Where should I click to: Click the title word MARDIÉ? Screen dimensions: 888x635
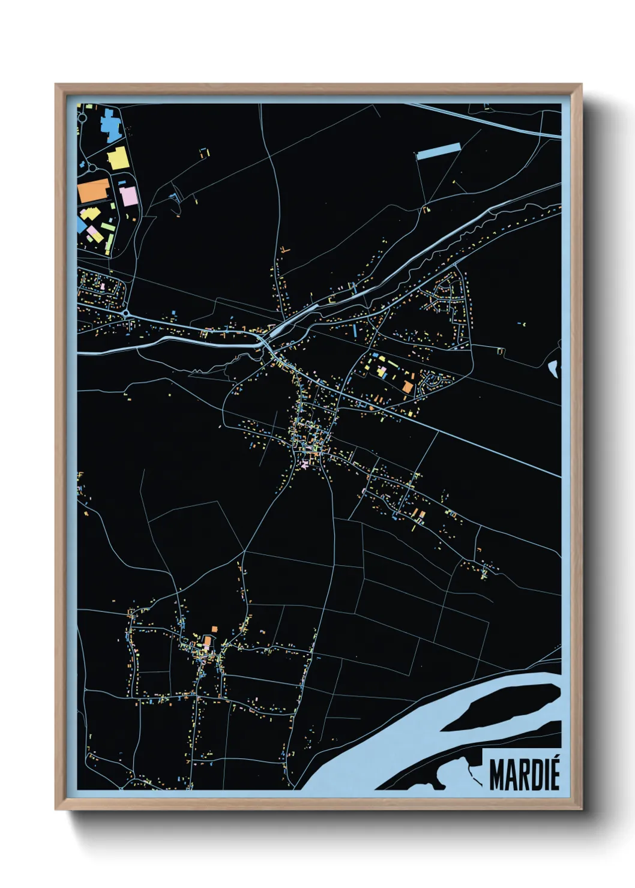point(524,775)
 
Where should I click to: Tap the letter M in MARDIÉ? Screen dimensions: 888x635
point(497,775)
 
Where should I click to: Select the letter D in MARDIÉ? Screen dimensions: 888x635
point(533,775)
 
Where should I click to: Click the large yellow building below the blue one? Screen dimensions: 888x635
point(118,158)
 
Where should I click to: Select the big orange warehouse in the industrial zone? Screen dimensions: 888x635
point(94,191)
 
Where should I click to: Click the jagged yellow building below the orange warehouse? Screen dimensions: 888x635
point(91,214)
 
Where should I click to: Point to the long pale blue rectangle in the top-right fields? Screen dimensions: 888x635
point(439,151)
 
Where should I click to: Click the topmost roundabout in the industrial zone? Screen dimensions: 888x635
point(82,118)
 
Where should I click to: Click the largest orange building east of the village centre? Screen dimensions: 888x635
point(408,387)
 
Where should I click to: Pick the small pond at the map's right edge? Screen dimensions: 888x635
point(553,367)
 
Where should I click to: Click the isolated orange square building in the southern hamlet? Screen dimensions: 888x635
point(207,641)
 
